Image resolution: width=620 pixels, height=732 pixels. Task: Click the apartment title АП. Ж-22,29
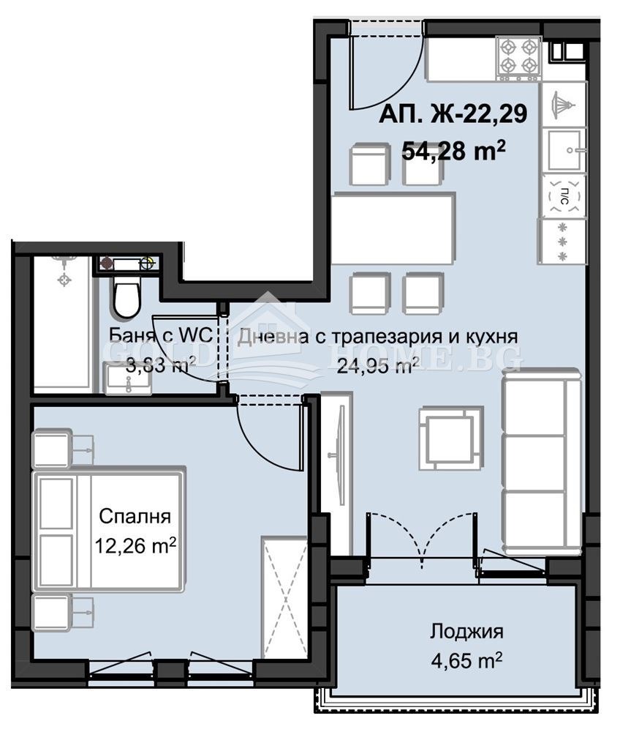click(453, 114)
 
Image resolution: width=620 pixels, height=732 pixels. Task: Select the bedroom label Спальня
click(135, 517)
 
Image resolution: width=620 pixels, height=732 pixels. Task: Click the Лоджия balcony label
click(466, 632)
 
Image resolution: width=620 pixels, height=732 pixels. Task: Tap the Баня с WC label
click(160, 336)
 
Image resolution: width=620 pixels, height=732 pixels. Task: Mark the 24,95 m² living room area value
click(377, 365)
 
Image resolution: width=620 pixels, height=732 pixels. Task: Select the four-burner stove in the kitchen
click(518, 58)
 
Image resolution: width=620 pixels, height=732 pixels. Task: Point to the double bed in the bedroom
click(107, 529)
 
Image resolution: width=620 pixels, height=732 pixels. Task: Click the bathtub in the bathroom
click(62, 322)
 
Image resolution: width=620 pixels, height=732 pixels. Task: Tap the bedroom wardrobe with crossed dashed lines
click(285, 597)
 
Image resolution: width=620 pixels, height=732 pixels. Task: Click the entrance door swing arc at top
click(387, 73)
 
